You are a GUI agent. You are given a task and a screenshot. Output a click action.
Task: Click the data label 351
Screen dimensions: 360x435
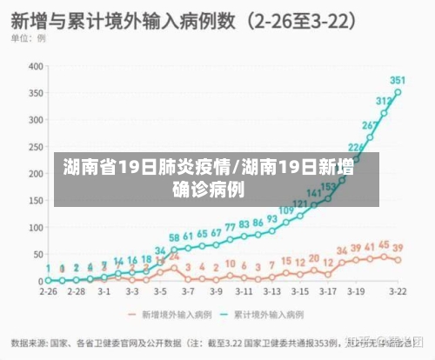coord(398,80)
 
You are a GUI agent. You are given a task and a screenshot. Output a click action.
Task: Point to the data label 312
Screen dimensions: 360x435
coord(384,102)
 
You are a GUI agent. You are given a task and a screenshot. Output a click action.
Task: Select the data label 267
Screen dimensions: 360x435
coord(371,126)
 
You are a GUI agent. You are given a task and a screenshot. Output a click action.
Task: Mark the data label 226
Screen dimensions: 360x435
coord(356,148)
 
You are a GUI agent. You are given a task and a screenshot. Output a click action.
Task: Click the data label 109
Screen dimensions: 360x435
coord(285,210)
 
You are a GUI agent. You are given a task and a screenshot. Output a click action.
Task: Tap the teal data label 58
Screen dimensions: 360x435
coord(175,237)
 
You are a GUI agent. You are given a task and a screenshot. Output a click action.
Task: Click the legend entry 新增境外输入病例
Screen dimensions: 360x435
coord(165,313)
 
